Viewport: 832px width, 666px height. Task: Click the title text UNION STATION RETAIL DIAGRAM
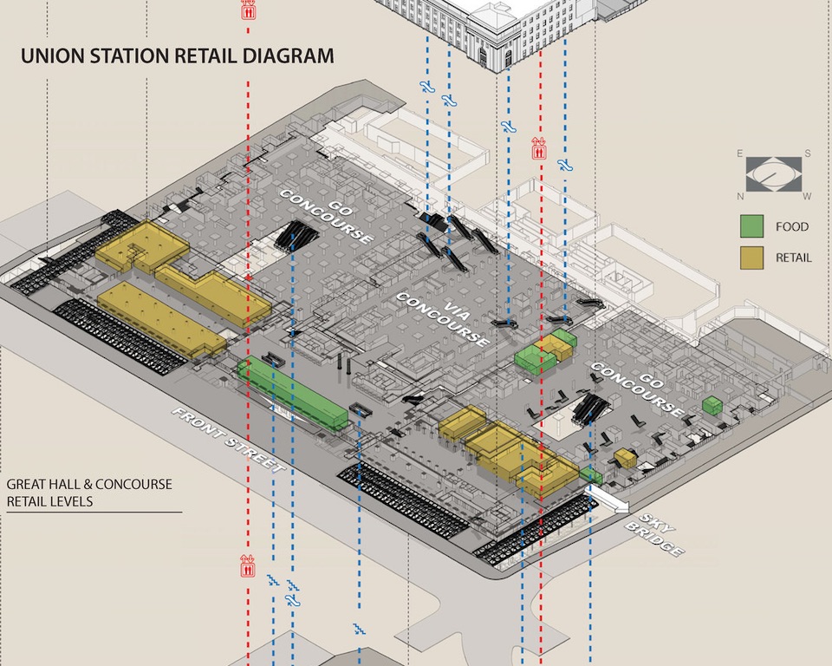177,57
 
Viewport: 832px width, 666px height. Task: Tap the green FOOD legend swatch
751,227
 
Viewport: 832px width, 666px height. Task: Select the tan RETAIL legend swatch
751,257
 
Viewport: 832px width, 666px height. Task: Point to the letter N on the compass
740,196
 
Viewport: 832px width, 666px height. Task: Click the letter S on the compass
808,153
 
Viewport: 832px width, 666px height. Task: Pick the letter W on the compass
808,196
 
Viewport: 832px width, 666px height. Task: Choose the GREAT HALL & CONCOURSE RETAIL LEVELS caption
89,493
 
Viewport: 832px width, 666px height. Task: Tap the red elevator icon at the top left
248,10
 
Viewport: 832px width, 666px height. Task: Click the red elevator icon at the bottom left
248,568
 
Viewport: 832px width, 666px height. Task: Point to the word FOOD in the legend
791,227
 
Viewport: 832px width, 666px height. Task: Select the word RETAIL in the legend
793,257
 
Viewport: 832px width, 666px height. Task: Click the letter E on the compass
740,153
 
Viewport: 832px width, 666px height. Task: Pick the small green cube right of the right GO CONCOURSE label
712,405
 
